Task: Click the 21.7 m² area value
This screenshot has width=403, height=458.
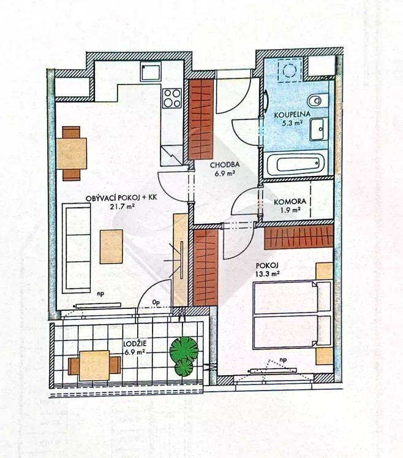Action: tap(122, 207)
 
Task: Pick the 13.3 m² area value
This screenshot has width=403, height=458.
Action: tap(268, 273)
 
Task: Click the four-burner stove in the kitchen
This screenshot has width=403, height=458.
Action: tap(172, 98)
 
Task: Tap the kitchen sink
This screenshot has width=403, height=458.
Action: tap(150, 72)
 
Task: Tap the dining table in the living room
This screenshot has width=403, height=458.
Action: tap(72, 154)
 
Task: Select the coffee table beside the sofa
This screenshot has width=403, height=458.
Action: tap(111, 247)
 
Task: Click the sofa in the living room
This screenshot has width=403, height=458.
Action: tap(77, 248)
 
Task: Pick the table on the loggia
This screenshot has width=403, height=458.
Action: tap(94, 365)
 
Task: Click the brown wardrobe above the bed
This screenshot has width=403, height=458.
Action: tap(299, 236)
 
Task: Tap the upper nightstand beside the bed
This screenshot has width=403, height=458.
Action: tap(325, 271)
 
